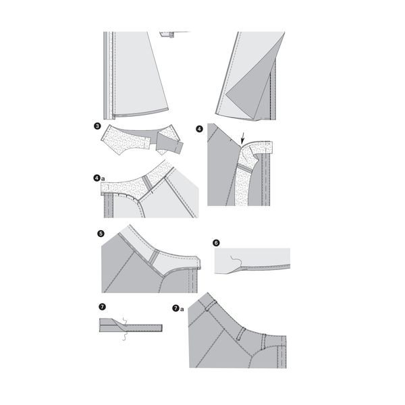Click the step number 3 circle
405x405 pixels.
97,126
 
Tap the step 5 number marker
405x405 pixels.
101,234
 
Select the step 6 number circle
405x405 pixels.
216,243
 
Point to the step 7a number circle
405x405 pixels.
175,308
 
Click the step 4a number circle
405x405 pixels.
97,178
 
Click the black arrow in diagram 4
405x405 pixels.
242,138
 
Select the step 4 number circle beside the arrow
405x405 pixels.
199,129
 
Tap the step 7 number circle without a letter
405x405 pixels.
103,306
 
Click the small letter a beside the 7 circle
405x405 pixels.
182,309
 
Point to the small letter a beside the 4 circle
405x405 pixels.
103,179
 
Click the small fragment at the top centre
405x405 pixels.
171,34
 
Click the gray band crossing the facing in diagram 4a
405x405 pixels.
147,183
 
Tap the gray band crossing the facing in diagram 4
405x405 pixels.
245,168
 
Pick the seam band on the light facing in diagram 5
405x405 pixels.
155,258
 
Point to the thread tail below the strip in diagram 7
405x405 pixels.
124,337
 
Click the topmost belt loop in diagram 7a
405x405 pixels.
210,305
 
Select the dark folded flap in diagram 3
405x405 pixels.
169,145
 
